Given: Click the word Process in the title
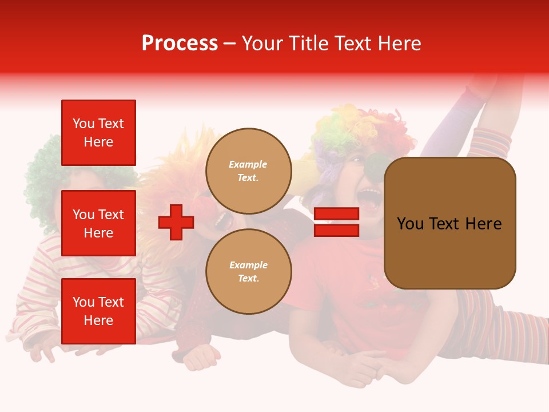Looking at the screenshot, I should (x=180, y=43).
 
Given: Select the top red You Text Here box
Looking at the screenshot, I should (x=98, y=133).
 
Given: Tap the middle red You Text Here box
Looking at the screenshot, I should (x=98, y=223).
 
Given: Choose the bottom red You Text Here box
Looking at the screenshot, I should (x=98, y=311).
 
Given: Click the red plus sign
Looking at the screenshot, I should (x=176, y=222).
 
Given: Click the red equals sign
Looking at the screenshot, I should (x=336, y=222).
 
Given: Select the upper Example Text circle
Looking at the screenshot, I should (x=249, y=171).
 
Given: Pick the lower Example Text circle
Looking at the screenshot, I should (x=249, y=272).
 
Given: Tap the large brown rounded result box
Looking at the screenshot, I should (x=449, y=223).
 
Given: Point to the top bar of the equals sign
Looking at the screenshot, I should (x=336, y=214).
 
